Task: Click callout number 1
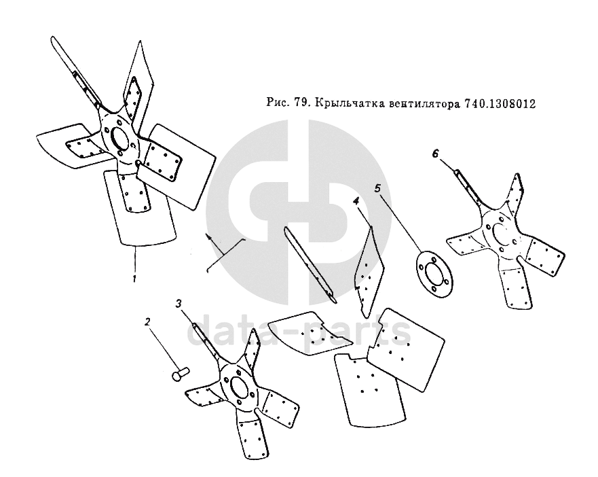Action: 134,279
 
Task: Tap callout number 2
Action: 147,322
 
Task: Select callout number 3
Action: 179,304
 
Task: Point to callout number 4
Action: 356,201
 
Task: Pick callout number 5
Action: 377,188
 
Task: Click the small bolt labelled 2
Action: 181,373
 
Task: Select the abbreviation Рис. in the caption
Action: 278,103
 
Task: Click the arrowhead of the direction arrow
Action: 208,236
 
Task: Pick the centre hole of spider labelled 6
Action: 501,234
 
